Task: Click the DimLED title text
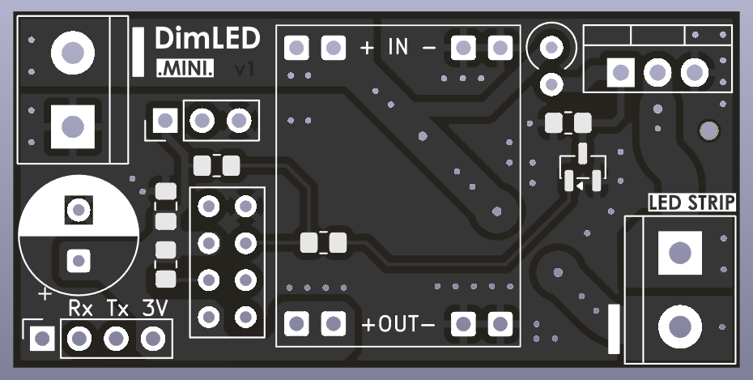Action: [x=207, y=38]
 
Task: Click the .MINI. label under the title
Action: [x=185, y=70]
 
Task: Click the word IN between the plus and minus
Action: [x=398, y=47]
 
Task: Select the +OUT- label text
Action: [x=398, y=325]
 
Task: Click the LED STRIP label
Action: [x=692, y=203]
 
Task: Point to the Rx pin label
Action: [x=80, y=309]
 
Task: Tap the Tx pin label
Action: [x=117, y=309]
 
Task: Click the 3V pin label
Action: [x=154, y=309]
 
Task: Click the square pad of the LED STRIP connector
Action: [x=679, y=252]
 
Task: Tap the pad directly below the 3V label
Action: [x=152, y=338]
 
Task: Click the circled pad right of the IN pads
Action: [x=552, y=48]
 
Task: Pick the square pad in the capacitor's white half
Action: [x=78, y=211]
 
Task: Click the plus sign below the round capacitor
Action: [x=45, y=292]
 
